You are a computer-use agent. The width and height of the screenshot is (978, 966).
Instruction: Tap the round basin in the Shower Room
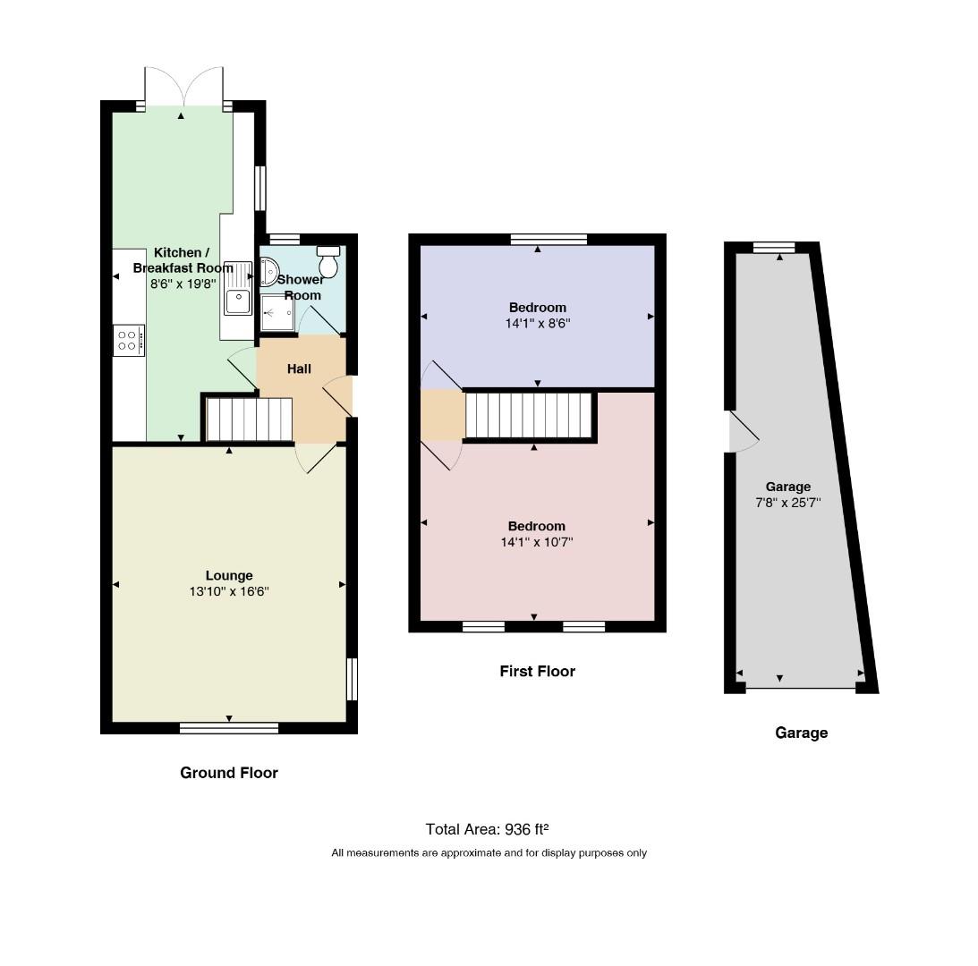pyautogui.click(x=268, y=272)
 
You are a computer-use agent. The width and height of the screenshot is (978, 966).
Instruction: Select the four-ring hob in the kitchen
pyautogui.click(x=129, y=341)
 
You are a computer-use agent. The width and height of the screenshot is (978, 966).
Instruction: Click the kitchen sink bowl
pyautogui.click(x=238, y=302)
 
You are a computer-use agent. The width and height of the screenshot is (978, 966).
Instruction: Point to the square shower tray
pyautogui.click(x=276, y=313)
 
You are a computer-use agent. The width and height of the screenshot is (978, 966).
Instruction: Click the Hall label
pyautogui.click(x=299, y=369)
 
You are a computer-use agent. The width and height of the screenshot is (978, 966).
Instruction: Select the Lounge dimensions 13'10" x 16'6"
pyautogui.click(x=229, y=592)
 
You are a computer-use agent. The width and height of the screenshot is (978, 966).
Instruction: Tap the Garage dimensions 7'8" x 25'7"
pyautogui.click(x=787, y=503)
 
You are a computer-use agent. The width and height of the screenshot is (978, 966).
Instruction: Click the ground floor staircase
pyautogui.click(x=249, y=419)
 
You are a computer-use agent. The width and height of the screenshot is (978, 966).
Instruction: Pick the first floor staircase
pyautogui.click(x=528, y=415)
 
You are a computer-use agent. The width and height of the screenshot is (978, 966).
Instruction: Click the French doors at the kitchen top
pyautogui.click(x=184, y=88)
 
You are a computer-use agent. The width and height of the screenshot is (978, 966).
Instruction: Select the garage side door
pyautogui.click(x=744, y=431)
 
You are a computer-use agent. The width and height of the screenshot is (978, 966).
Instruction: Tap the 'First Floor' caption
pyautogui.click(x=537, y=672)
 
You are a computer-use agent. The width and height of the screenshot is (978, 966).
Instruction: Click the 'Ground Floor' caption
pyautogui.click(x=229, y=774)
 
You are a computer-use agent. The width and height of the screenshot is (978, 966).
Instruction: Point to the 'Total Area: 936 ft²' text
pyautogui.click(x=487, y=829)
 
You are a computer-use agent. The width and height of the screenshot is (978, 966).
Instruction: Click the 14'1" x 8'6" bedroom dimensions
pyautogui.click(x=538, y=324)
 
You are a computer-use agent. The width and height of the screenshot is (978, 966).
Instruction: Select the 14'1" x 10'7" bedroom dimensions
pyautogui.click(x=536, y=543)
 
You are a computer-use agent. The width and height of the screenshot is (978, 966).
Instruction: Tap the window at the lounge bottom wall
pyautogui.click(x=229, y=728)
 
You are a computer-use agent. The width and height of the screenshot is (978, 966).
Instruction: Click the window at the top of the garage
pyautogui.click(x=774, y=248)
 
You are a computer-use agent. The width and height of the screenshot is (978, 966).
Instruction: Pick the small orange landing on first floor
pyautogui.click(x=442, y=415)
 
